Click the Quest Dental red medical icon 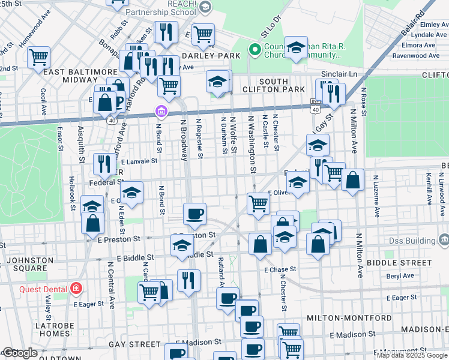(76, 289)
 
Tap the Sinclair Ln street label (339, 73)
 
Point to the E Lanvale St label (139, 161)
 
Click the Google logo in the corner (19, 353)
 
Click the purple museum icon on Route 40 (160, 111)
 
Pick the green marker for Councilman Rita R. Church (255, 50)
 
